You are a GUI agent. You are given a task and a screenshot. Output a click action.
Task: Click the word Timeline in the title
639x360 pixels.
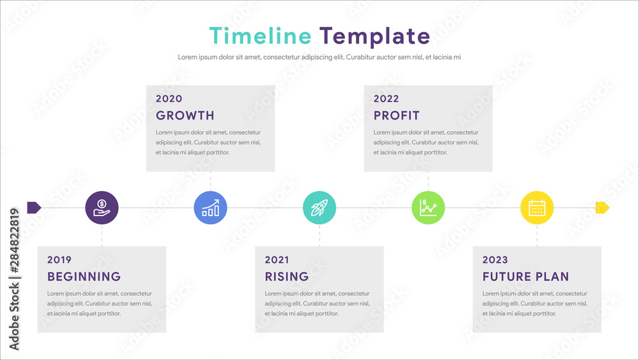tap(261, 35)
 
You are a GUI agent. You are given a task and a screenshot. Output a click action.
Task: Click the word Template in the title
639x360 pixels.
tap(374, 36)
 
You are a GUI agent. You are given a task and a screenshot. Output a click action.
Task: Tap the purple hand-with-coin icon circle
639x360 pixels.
tap(102, 208)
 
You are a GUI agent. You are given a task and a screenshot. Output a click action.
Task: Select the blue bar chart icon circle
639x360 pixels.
tap(210, 208)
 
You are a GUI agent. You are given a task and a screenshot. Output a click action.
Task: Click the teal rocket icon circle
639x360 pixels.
tap(319, 208)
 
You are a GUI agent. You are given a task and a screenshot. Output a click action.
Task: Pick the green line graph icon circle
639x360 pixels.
tap(428, 208)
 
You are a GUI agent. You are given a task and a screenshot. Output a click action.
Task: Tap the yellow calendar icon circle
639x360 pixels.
tap(537, 208)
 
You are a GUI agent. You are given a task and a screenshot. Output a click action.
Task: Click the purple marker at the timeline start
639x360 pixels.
tap(34, 208)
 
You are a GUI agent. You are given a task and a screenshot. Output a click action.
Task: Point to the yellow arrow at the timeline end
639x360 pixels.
tap(603, 208)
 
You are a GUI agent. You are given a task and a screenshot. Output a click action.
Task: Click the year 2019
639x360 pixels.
tap(59, 260)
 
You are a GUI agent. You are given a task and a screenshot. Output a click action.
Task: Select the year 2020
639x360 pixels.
tap(169, 98)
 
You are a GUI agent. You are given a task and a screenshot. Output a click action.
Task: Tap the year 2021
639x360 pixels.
tap(277, 260)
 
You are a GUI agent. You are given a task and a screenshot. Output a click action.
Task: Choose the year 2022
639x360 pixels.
tap(387, 98)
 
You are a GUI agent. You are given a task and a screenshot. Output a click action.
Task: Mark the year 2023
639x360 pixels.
tap(495, 260)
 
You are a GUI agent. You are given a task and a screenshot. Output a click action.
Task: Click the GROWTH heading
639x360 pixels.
tap(185, 115)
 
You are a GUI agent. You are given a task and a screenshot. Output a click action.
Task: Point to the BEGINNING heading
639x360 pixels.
tap(84, 276)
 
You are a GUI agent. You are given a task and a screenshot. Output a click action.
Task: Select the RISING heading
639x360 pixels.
tap(287, 276)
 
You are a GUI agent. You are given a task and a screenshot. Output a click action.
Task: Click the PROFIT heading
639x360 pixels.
tap(397, 115)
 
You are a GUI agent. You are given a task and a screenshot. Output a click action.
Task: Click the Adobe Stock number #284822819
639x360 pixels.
tap(14, 240)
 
